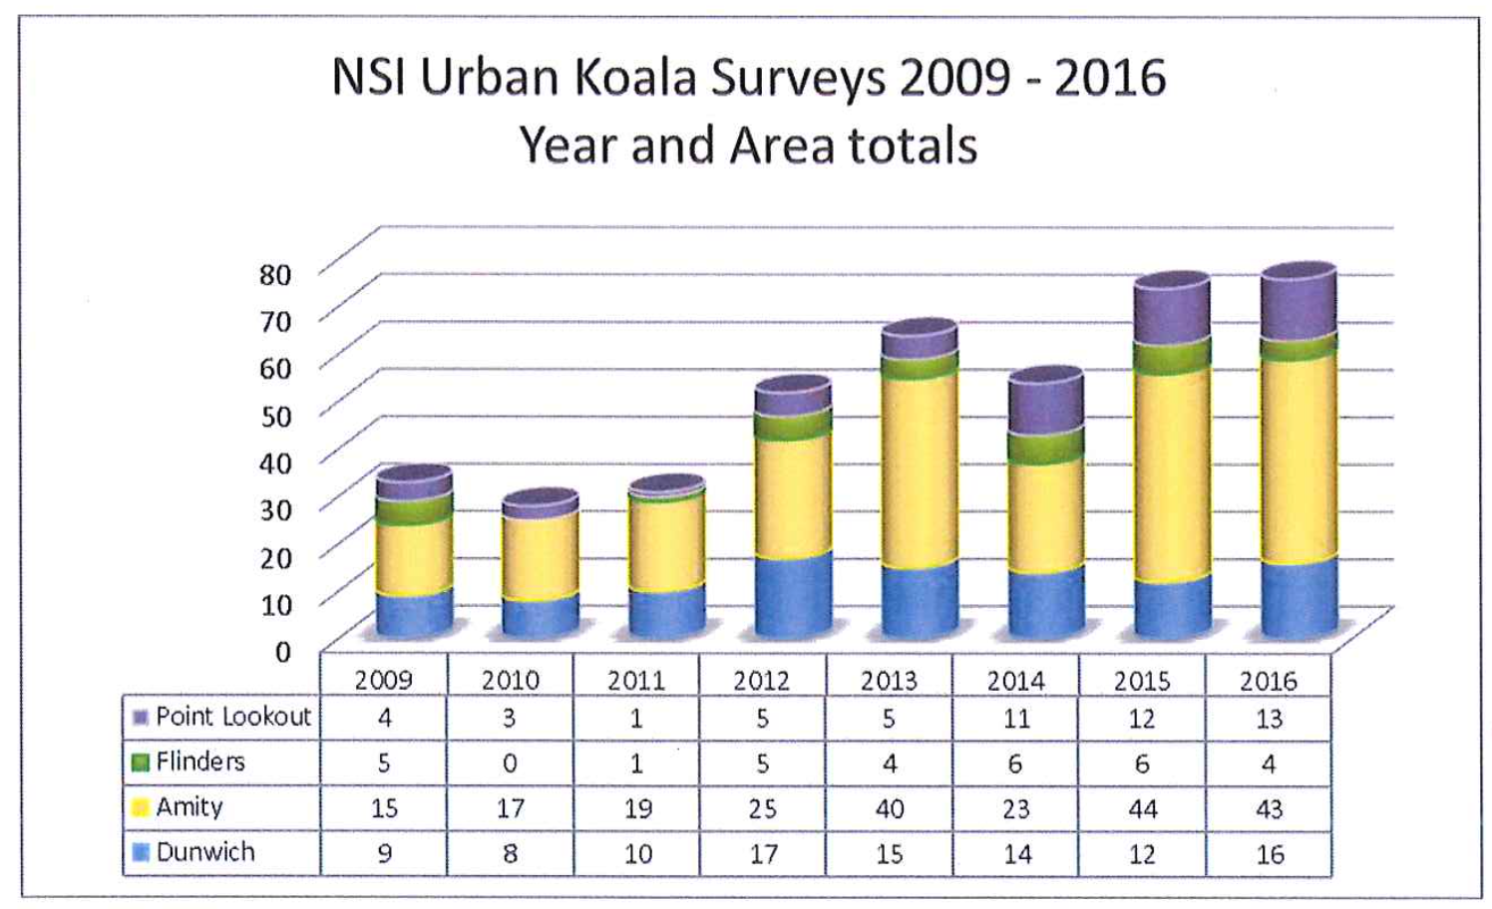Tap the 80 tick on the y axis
click(275, 275)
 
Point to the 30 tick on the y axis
click(275, 510)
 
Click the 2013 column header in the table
click(889, 681)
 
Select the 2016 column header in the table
click(1269, 681)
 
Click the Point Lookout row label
click(232, 717)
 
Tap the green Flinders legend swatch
click(141, 762)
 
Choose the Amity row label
click(188, 806)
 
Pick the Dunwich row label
click(204, 852)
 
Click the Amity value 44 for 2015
click(1142, 808)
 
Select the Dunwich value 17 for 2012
click(763, 854)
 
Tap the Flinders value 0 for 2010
click(510, 763)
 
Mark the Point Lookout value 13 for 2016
click(1269, 719)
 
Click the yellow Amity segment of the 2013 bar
click(920, 468)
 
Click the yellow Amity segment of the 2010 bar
click(540, 554)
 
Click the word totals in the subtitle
click(913, 146)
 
